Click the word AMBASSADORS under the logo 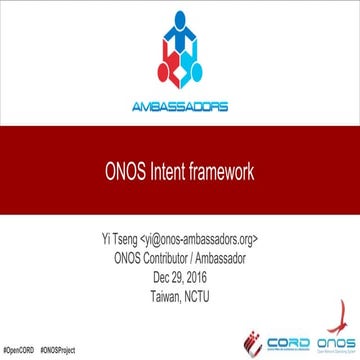pyautogui.click(x=180, y=107)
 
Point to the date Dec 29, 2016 pyautogui.click(x=181, y=270)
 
